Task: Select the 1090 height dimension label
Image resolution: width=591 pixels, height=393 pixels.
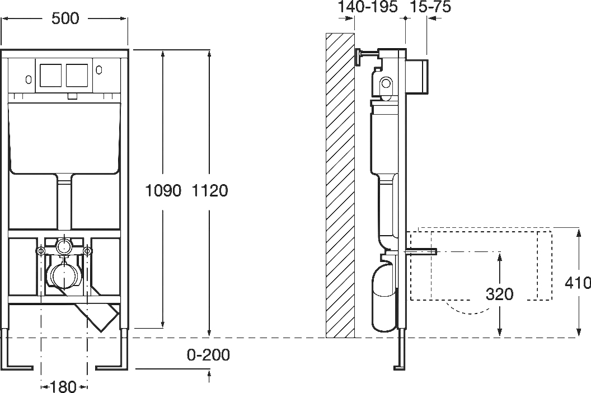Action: point(163,191)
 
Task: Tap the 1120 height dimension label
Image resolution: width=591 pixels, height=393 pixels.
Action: point(210,191)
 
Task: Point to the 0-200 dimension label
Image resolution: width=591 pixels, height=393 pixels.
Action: point(208,355)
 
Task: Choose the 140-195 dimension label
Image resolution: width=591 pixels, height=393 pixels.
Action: point(367,7)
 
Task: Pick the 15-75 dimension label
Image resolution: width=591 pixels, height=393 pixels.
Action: point(430,7)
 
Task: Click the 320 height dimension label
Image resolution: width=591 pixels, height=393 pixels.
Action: point(499,294)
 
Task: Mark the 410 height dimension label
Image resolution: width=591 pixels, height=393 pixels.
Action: point(578,283)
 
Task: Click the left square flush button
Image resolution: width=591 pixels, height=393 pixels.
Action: point(50,74)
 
